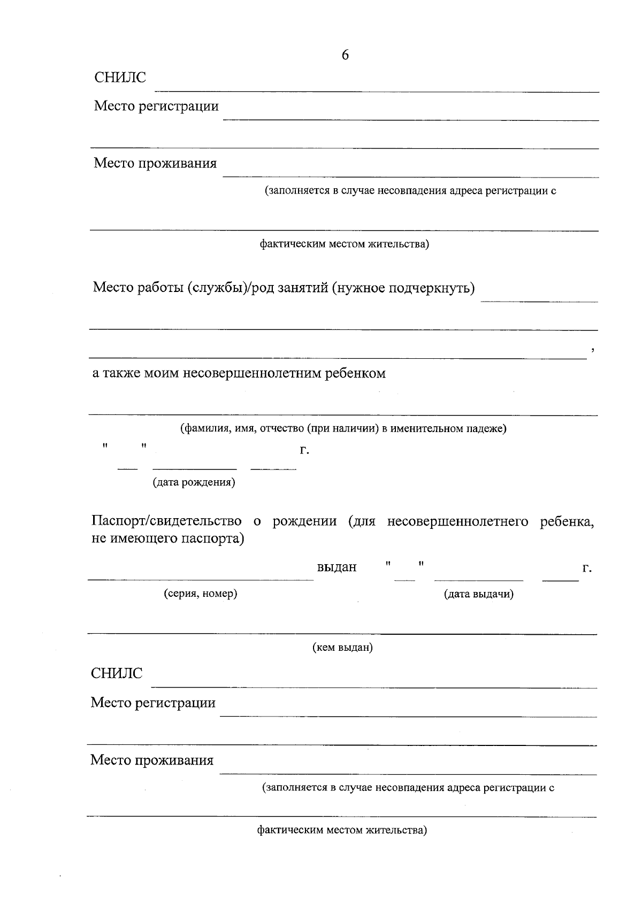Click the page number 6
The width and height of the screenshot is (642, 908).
coord(345,55)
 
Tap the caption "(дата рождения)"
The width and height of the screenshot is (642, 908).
coord(194,482)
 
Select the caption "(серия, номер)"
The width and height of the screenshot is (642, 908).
coord(200,594)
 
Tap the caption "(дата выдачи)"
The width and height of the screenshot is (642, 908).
coord(479,594)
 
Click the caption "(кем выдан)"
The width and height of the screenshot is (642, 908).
coord(342,648)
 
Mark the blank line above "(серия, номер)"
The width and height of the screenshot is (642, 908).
coord(201,579)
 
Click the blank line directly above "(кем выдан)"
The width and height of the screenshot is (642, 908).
coord(342,634)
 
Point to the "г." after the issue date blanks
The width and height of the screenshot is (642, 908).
coord(587,568)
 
